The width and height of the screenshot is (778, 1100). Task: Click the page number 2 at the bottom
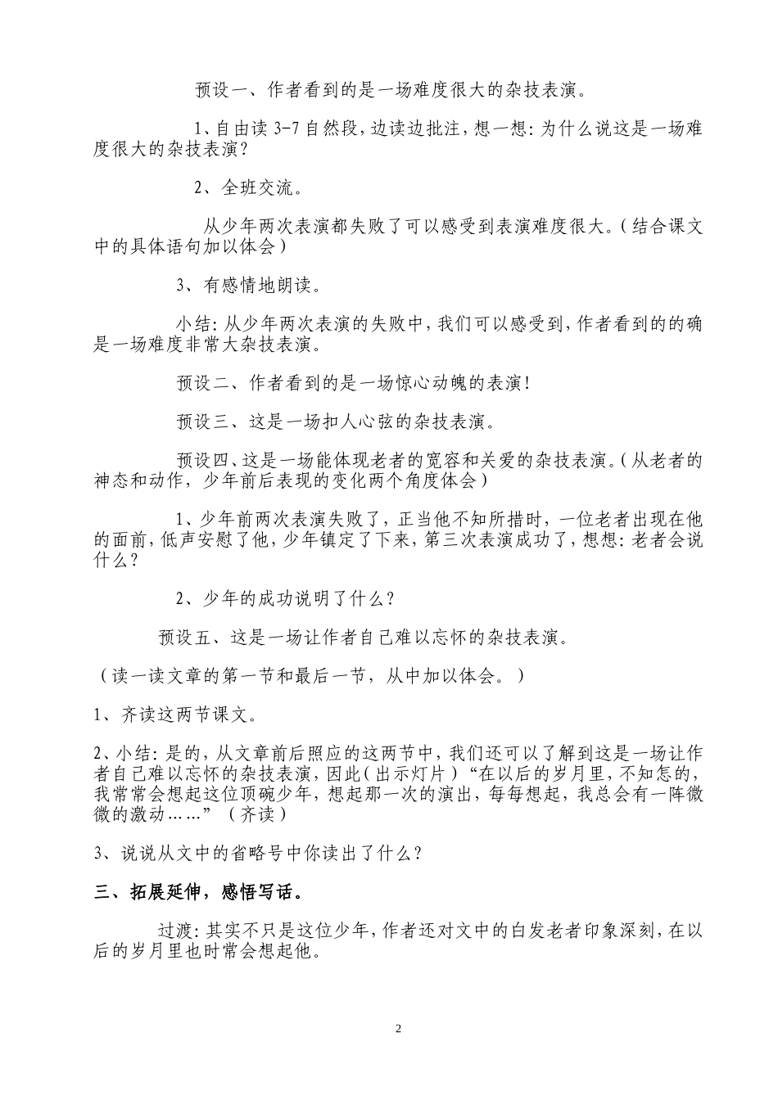[399, 1029]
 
